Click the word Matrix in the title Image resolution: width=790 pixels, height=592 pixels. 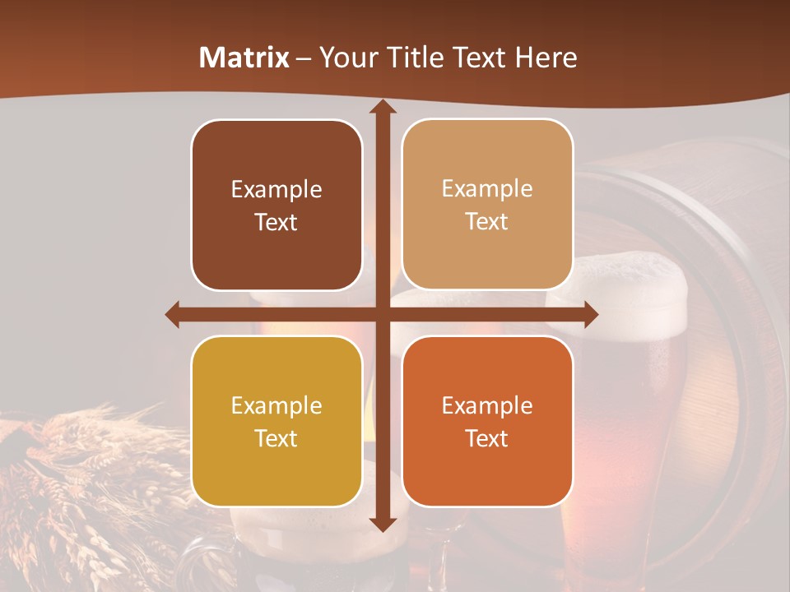click(244, 58)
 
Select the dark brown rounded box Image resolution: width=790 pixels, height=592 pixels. click(276, 205)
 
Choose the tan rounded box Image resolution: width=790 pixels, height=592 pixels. click(487, 205)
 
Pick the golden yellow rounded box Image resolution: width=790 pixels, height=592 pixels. click(276, 421)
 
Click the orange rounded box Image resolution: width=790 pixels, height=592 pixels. click(487, 421)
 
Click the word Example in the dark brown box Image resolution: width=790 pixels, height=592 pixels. click(276, 190)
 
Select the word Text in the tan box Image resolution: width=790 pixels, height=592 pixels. click(487, 222)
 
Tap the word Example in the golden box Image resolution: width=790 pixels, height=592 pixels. click(276, 406)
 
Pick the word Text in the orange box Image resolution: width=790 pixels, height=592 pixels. click(487, 439)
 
